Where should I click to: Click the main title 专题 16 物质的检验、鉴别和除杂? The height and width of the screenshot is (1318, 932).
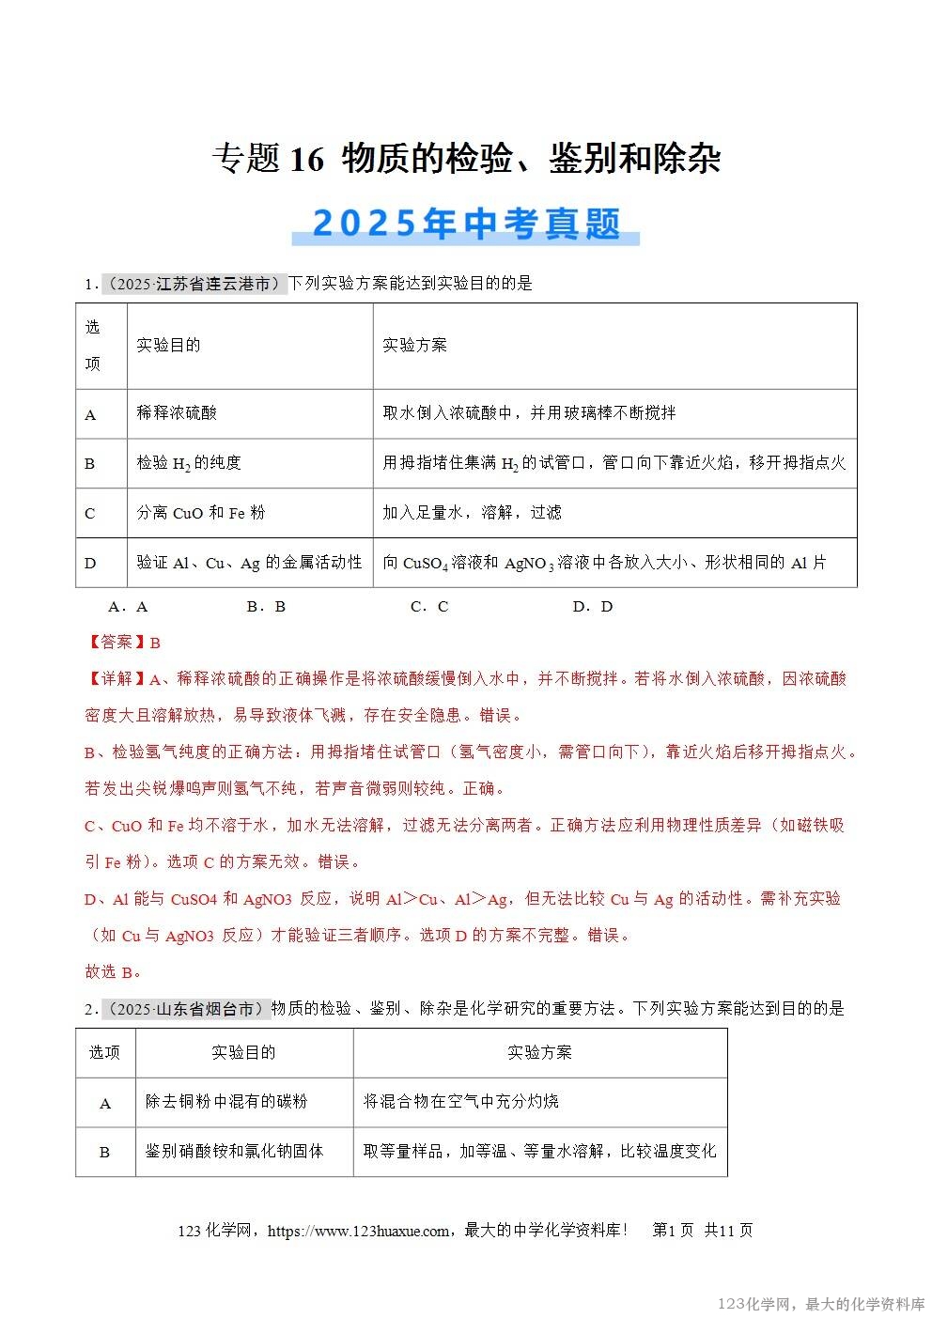466,159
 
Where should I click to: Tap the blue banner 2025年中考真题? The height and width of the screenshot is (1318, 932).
466,224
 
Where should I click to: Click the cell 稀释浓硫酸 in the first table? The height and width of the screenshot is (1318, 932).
177,412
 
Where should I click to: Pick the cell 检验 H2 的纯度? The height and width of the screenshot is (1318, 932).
189,462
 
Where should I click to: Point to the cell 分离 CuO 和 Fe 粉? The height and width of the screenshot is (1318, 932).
201,513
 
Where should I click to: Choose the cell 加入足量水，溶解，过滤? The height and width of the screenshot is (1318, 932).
472,513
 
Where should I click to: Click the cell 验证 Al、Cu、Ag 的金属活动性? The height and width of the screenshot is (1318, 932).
249,563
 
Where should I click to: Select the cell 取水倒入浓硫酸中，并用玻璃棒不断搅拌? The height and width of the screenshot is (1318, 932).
529,412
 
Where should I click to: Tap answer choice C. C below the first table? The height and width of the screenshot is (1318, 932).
429,607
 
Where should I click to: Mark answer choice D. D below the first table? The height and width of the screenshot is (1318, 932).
593,607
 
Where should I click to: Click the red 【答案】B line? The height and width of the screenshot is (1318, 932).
123,643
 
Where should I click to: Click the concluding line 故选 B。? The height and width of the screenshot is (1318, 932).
113,971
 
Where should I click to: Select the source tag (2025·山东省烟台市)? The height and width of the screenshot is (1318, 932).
185,1009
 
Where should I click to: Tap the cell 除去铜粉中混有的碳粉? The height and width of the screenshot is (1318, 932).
226,1102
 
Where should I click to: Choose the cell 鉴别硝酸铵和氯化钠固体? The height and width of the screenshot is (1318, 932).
234,1152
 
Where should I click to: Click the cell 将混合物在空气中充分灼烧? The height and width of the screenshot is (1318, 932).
461,1102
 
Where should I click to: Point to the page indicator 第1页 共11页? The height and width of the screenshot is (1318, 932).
702,1231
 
